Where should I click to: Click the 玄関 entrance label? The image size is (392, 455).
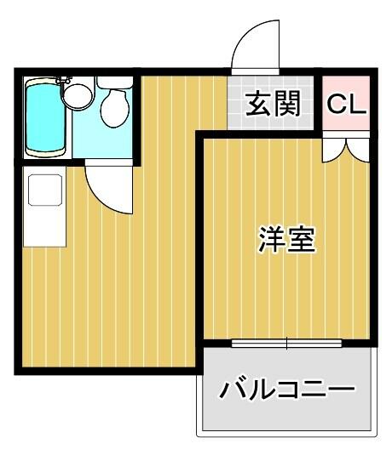[x=273, y=104]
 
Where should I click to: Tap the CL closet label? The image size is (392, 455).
[x=346, y=105]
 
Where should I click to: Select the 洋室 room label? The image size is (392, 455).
[x=287, y=240]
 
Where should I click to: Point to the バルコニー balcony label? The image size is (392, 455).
[x=287, y=388]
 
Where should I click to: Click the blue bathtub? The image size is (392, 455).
[x=45, y=117]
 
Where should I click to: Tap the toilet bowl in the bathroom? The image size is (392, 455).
[x=115, y=108]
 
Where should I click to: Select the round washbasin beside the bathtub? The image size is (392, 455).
[x=78, y=96]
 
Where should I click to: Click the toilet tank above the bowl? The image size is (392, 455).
[x=115, y=82]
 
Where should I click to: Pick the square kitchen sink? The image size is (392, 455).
[x=45, y=190]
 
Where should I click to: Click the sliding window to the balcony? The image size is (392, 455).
[x=286, y=344]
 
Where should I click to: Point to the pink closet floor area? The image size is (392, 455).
[x=346, y=103]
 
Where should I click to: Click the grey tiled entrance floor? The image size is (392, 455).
[x=270, y=103]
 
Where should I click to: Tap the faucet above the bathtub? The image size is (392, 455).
[x=64, y=80]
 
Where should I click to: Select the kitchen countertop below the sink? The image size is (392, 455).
[x=45, y=226]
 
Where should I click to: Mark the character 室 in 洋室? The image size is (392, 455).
[x=302, y=240]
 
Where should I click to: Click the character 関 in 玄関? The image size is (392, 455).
[x=287, y=104]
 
